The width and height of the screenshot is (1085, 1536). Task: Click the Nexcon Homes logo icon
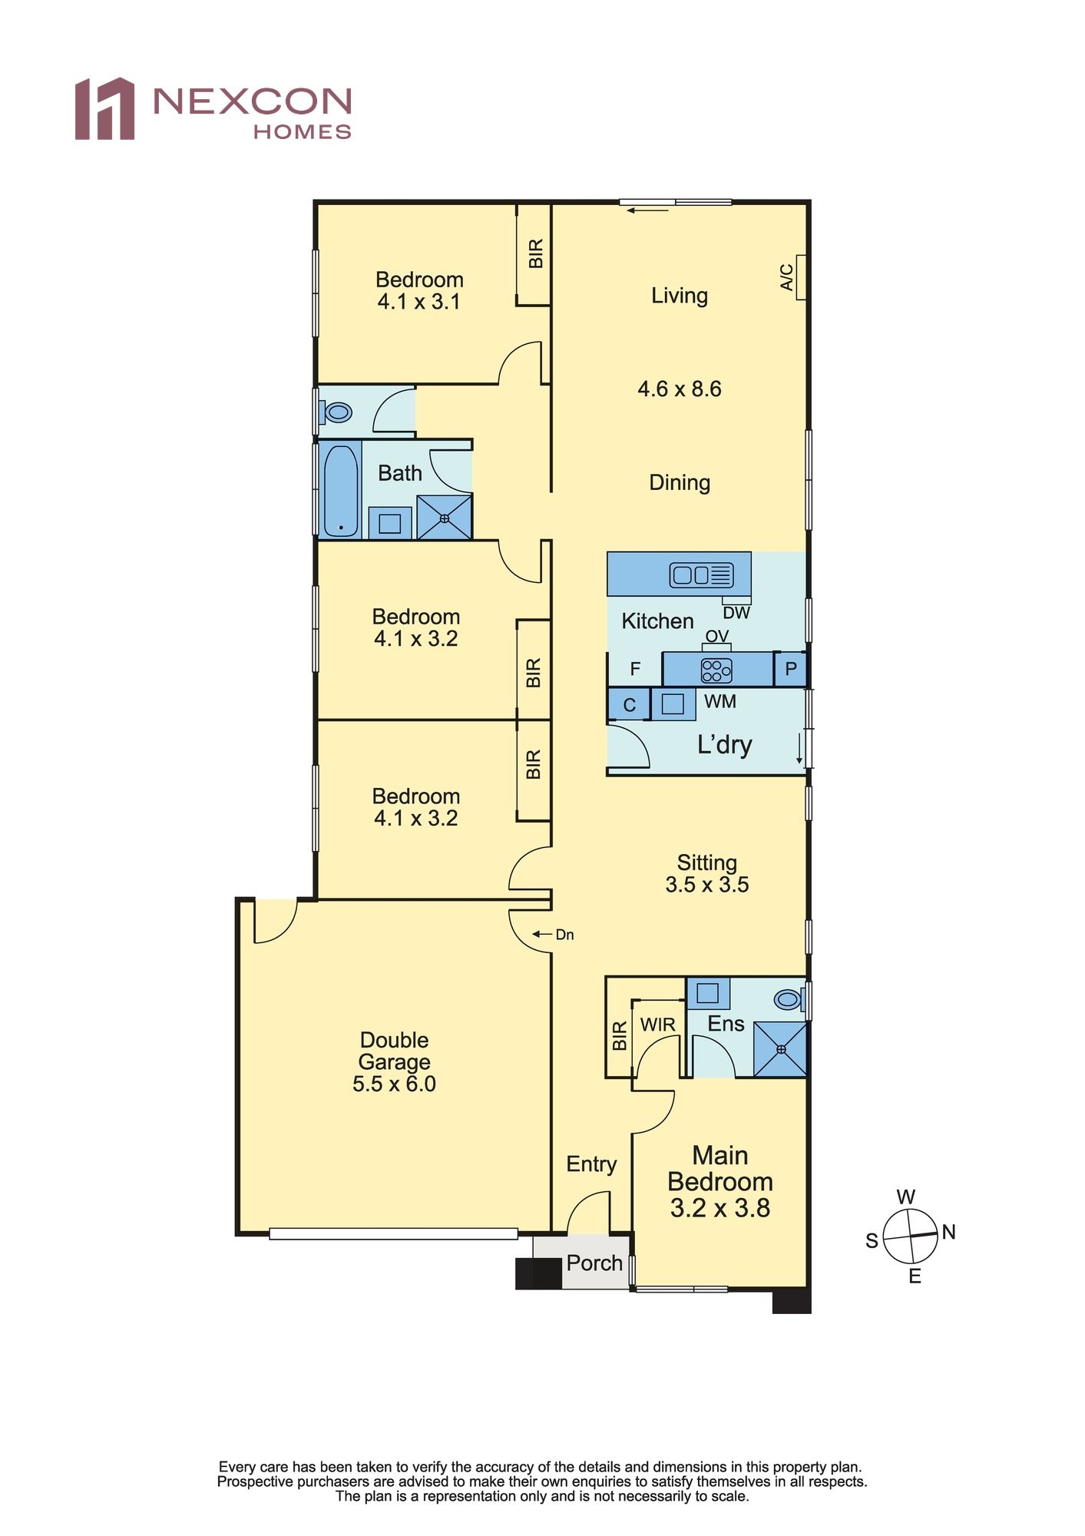[x=104, y=109]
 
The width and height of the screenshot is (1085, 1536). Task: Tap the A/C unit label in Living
[x=787, y=277]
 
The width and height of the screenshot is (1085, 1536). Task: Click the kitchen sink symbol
[x=701, y=574]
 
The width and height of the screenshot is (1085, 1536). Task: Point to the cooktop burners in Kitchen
[x=716, y=670]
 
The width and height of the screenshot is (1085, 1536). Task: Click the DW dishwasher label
[x=736, y=613]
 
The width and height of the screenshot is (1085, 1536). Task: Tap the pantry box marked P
[x=790, y=670]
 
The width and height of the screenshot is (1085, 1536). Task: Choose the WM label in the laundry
[x=720, y=701]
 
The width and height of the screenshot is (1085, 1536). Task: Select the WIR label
[x=658, y=1025]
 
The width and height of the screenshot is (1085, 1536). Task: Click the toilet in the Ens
[x=788, y=999]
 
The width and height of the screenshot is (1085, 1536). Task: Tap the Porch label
[x=594, y=1263]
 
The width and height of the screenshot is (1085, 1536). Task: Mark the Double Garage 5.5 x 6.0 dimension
[x=394, y=1084]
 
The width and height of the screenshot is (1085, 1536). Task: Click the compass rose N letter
[x=949, y=1232]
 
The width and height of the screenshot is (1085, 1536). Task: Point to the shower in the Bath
[x=445, y=518]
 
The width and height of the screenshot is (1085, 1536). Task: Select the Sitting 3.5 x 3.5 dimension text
[x=707, y=885]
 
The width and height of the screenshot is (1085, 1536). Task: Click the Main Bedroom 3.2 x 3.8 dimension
[x=720, y=1208]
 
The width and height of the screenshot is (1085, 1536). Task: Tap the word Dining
[x=680, y=483]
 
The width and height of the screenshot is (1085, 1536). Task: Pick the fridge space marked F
[x=635, y=669]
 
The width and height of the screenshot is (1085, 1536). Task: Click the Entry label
[x=591, y=1164]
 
